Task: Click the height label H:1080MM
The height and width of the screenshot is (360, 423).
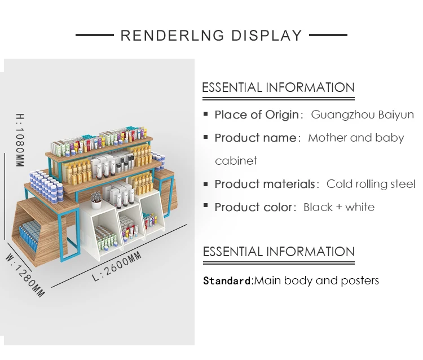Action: pos(20,141)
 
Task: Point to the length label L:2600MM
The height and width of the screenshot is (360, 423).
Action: pos(117,267)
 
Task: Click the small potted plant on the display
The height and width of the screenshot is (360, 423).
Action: pos(96,197)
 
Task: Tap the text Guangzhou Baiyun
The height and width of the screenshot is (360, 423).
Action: pos(363,115)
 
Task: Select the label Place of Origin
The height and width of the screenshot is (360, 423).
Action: pos(257,115)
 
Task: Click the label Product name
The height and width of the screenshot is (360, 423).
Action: pos(255,138)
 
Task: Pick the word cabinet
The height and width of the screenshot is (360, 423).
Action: pos(236,161)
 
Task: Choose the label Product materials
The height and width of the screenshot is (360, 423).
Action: pos(265,184)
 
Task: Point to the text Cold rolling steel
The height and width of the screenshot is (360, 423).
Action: pos(371,184)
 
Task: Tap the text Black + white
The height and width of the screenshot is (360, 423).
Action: pos(338,207)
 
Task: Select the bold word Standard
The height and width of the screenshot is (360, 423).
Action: pos(228,280)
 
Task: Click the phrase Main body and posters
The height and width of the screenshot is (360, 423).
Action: pos(316,280)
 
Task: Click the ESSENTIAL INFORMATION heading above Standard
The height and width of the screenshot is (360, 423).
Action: pos(279,252)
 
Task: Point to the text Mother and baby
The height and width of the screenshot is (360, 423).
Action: pos(356,138)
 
